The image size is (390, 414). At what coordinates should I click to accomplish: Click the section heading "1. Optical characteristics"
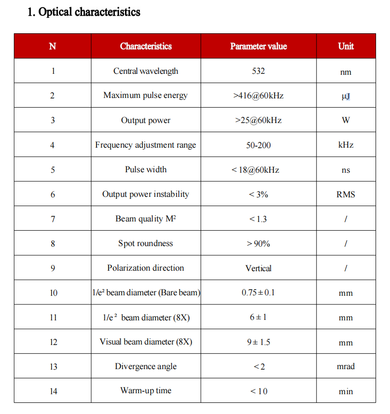(x=84, y=12)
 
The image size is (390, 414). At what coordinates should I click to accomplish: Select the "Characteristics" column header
(x=146, y=46)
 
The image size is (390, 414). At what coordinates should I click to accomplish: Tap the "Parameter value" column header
(x=258, y=46)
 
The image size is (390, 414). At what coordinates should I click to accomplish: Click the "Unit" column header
(x=346, y=46)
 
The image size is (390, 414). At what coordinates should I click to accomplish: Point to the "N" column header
(x=53, y=46)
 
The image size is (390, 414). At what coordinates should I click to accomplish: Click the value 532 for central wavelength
(x=258, y=71)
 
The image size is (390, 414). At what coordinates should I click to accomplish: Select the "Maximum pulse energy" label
(x=145, y=95)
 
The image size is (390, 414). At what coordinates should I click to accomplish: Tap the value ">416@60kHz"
(x=258, y=96)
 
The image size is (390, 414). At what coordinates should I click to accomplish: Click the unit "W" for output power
(x=346, y=120)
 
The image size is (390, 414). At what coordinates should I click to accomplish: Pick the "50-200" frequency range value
(x=258, y=145)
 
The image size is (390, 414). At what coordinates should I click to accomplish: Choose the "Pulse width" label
(x=146, y=169)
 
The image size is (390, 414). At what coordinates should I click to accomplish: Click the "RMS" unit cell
(x=346, y=194)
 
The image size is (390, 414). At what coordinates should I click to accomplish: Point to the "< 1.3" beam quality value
(x=258, y=219)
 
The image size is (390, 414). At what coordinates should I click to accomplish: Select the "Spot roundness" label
(x=145, y=243)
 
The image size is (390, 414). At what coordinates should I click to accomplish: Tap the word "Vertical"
(x=258, y=268)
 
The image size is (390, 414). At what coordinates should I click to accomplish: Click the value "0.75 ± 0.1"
(x=258, y=293)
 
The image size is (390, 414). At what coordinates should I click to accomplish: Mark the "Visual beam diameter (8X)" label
(x=146, y=342)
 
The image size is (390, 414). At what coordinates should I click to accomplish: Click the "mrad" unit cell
(x=346, y=366)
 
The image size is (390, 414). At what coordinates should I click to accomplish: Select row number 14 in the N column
(x=53, y=391)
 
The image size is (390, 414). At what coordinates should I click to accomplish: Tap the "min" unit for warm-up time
(x=346, y=391)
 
